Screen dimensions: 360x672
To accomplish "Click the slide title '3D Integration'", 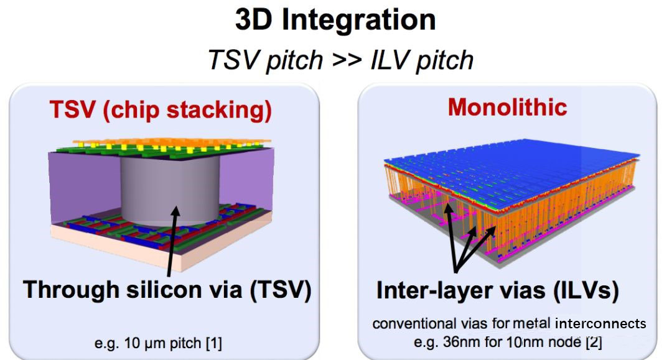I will (335, 20).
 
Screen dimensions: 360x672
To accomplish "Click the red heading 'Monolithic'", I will (507, 107).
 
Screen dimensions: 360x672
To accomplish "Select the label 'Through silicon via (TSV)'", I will (167, 290).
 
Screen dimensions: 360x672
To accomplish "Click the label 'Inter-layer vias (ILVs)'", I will (497, 290).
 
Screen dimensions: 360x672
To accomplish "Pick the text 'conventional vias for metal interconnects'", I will (509, 324).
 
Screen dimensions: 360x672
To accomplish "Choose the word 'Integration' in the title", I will (358, 20).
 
